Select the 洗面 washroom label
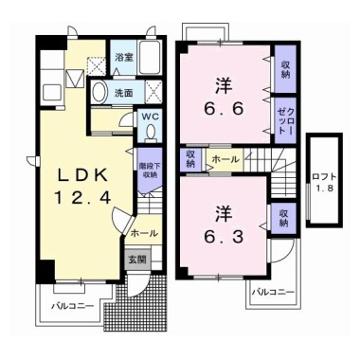point(125,94)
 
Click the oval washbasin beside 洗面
point(99,93)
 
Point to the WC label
point(150,118)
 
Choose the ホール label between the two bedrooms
point(225,160)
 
